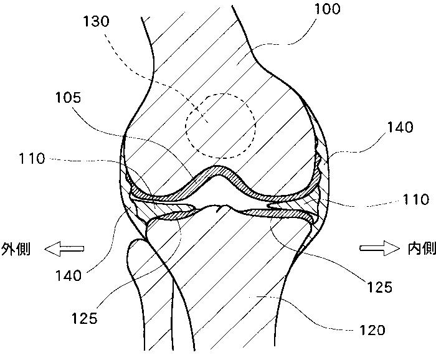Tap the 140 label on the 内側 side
400,128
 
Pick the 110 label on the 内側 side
415,200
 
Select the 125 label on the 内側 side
378,287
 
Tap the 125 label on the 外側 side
84,319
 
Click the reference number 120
372,329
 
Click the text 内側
421,249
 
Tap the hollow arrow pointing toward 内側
379,249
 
